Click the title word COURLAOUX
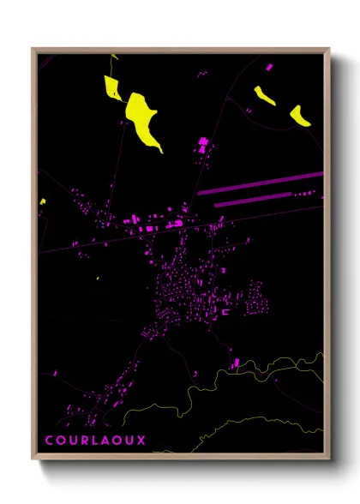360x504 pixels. click(x=96, y=441)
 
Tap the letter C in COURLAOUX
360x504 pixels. click(x=49, y=441)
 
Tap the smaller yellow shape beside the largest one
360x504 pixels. click(x=111, y=87)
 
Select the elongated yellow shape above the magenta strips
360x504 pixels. click(x=264, y=96)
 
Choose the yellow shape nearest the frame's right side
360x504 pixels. click(x=300, y=115)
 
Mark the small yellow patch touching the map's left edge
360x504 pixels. click(x=42, y=202)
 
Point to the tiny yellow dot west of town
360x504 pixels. click(x=98, y=277)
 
